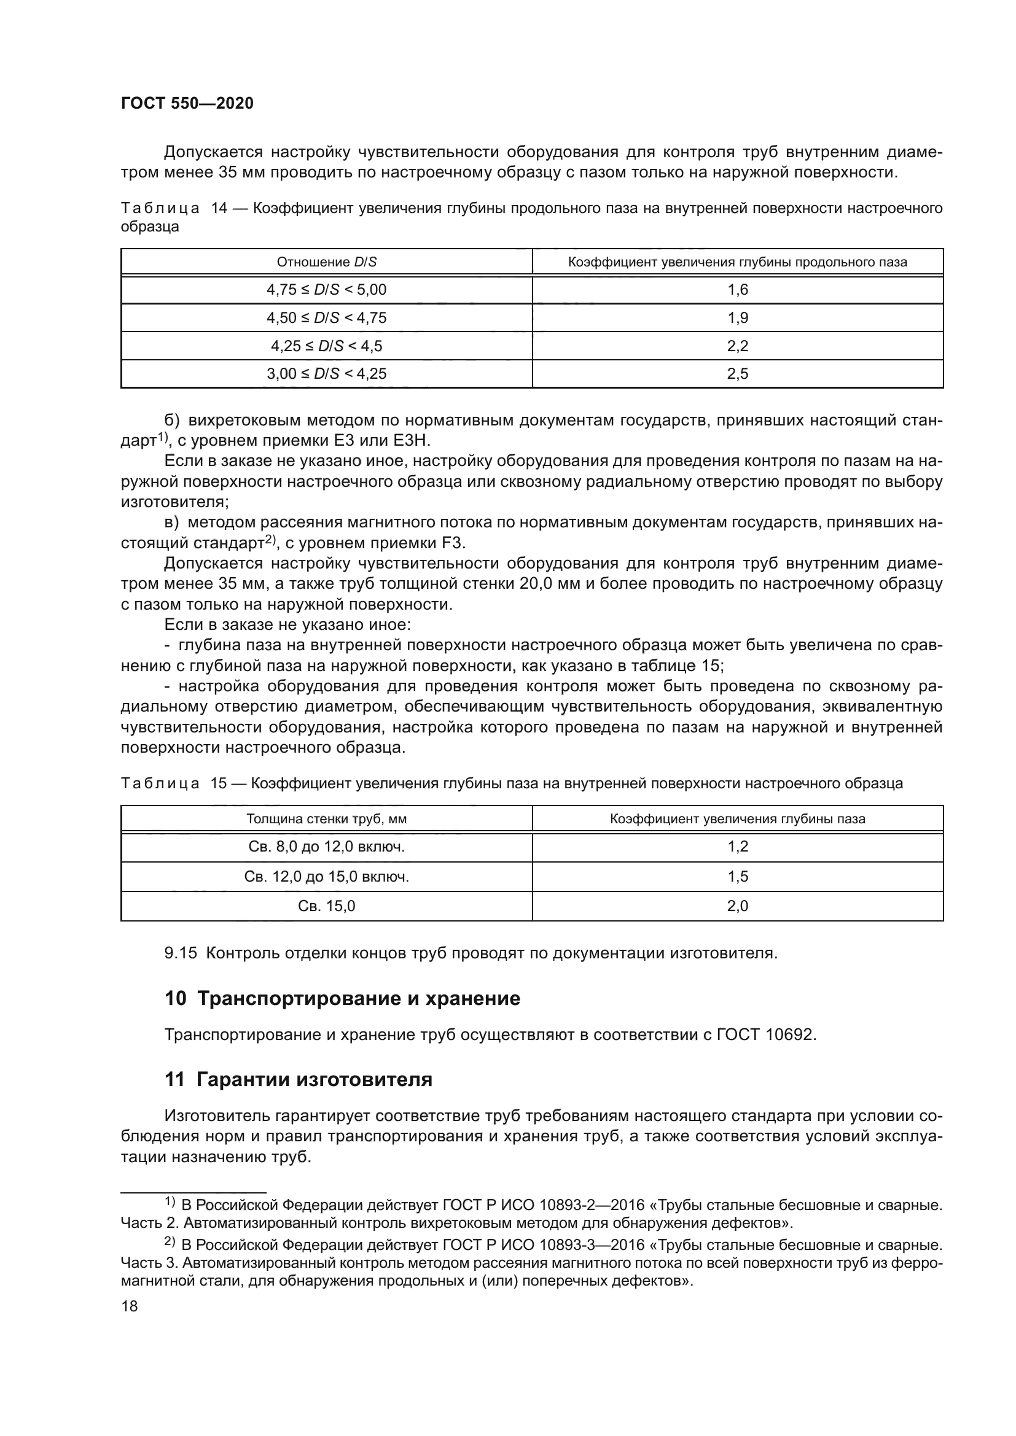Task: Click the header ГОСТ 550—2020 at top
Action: click(187, 104)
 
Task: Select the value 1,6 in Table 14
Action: click(738, 290)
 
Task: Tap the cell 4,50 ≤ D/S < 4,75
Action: click(327, 318)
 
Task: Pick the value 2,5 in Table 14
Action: click(738, 373)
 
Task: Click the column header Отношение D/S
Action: click(327, 262)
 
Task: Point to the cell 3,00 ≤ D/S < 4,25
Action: click(327, 373)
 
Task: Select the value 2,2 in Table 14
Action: click(738, 346)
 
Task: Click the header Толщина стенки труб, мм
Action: click(327, 819)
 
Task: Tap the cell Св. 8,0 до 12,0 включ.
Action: click(327, 847)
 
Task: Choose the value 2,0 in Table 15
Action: click(738, 906)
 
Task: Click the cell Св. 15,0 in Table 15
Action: click(327, 906)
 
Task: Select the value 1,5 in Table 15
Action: click(738, 876)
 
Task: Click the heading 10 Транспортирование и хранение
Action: click(342, 999)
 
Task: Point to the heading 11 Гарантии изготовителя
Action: click(299, 1079)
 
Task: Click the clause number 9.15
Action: click(180, 953)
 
